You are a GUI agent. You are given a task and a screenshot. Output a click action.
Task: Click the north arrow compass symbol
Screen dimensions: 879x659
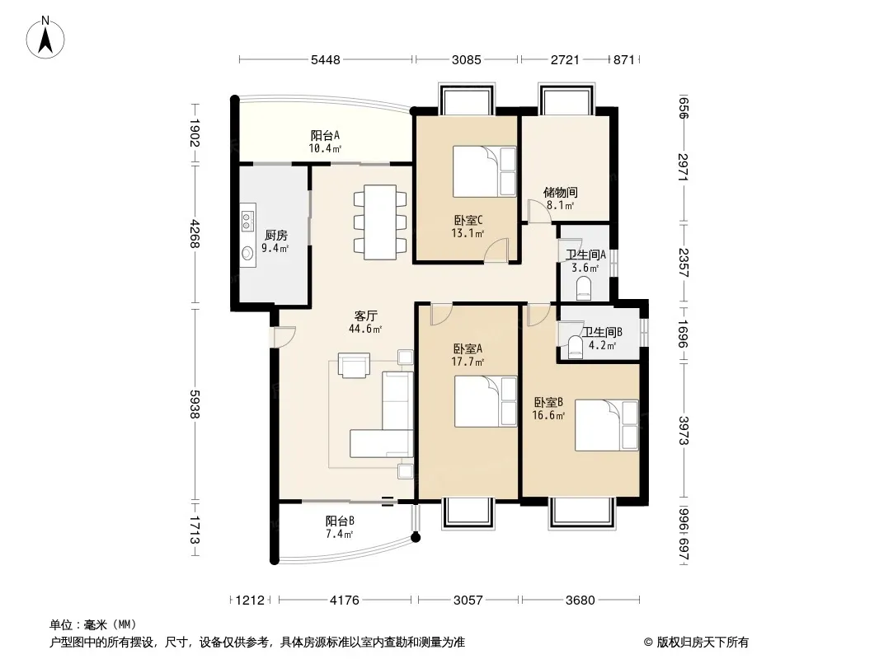coord(45,38)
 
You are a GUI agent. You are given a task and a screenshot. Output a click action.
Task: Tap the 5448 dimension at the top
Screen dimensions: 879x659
coord(326,59)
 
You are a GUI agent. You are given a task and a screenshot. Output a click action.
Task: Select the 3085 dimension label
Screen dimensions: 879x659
coord(467,59)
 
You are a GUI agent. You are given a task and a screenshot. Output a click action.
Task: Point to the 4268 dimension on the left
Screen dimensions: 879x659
coord(195,234)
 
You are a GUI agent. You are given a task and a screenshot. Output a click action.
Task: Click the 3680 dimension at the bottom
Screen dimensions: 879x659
coord(581,601)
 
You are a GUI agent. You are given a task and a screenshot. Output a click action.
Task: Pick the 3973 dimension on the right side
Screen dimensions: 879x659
coord(684,431)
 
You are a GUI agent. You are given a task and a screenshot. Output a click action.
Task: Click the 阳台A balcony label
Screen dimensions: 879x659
coord(325,135)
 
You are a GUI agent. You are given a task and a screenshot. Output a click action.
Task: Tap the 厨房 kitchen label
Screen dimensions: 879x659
coord(275,235)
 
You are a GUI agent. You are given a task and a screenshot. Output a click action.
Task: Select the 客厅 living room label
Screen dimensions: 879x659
coord(365,316)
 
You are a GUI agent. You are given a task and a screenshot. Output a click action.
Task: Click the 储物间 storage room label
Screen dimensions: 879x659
coord(561,193)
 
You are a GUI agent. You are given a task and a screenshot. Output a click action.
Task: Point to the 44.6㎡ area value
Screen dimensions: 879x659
coord(365,329)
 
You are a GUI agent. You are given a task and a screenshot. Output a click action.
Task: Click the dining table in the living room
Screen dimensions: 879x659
coord(380,222)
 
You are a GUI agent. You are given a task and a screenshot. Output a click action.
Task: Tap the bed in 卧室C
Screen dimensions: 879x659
coord(484,171)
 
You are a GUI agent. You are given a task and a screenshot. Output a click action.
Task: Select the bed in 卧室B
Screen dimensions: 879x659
coord(607,425)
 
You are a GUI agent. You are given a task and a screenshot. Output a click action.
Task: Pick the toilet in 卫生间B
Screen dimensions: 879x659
coord(576,347)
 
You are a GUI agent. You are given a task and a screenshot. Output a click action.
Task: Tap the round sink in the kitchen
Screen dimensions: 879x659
coord(247,254)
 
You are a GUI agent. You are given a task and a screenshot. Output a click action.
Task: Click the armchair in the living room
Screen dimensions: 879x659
coord(354,365)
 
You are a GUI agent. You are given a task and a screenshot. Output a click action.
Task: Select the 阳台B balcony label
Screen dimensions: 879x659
coord(340,521)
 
